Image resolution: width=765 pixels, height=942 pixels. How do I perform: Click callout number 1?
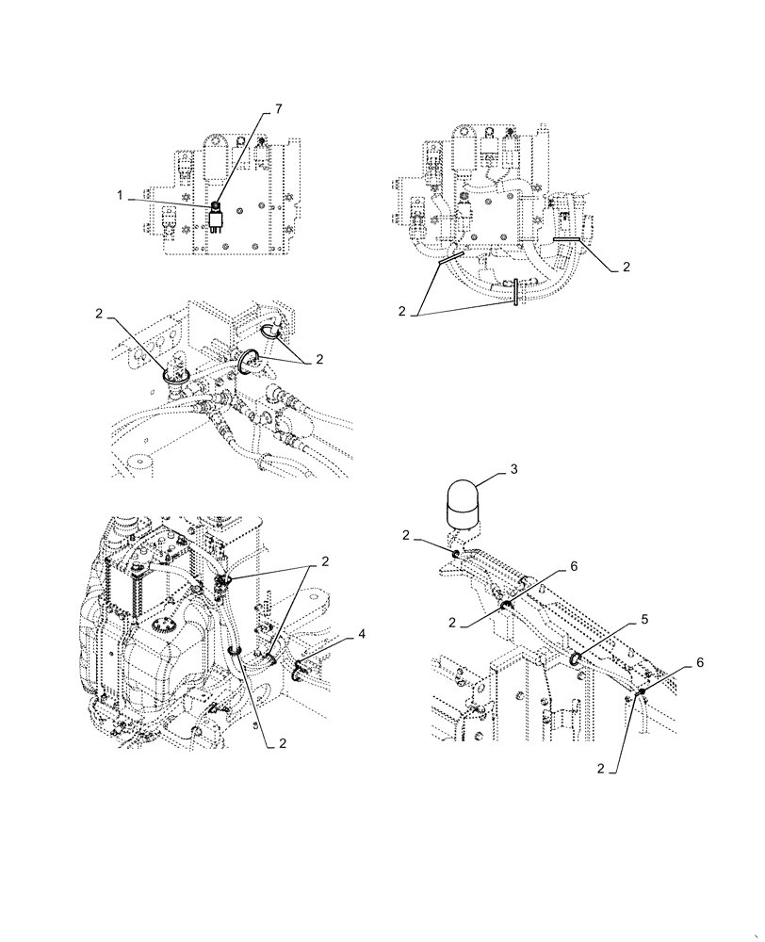click(x=121, y=194)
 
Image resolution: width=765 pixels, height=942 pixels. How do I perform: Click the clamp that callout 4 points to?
click(x=301, y=670)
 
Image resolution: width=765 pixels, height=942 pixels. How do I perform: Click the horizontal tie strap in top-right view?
click(x=567, y=241)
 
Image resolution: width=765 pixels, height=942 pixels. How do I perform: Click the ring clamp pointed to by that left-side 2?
click(x=175, y=374)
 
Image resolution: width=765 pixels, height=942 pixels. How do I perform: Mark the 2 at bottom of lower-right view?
click(x=601, y=769)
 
